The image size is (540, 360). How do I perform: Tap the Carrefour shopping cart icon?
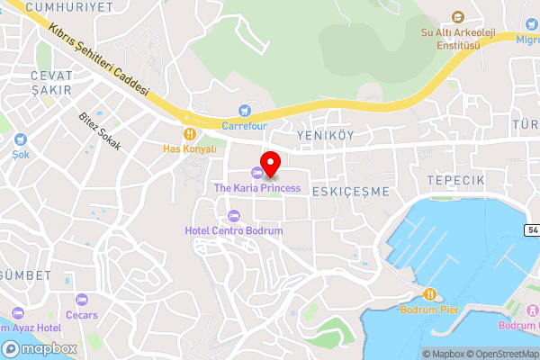(244, 111)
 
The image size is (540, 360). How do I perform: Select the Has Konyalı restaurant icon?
(190, 132)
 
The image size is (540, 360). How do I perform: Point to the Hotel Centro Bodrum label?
(233, 231)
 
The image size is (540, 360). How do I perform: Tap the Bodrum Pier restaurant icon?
(429, 293)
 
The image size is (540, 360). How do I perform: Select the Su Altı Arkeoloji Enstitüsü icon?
(457, 18)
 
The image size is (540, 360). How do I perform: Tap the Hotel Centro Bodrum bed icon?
(234, 215)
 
